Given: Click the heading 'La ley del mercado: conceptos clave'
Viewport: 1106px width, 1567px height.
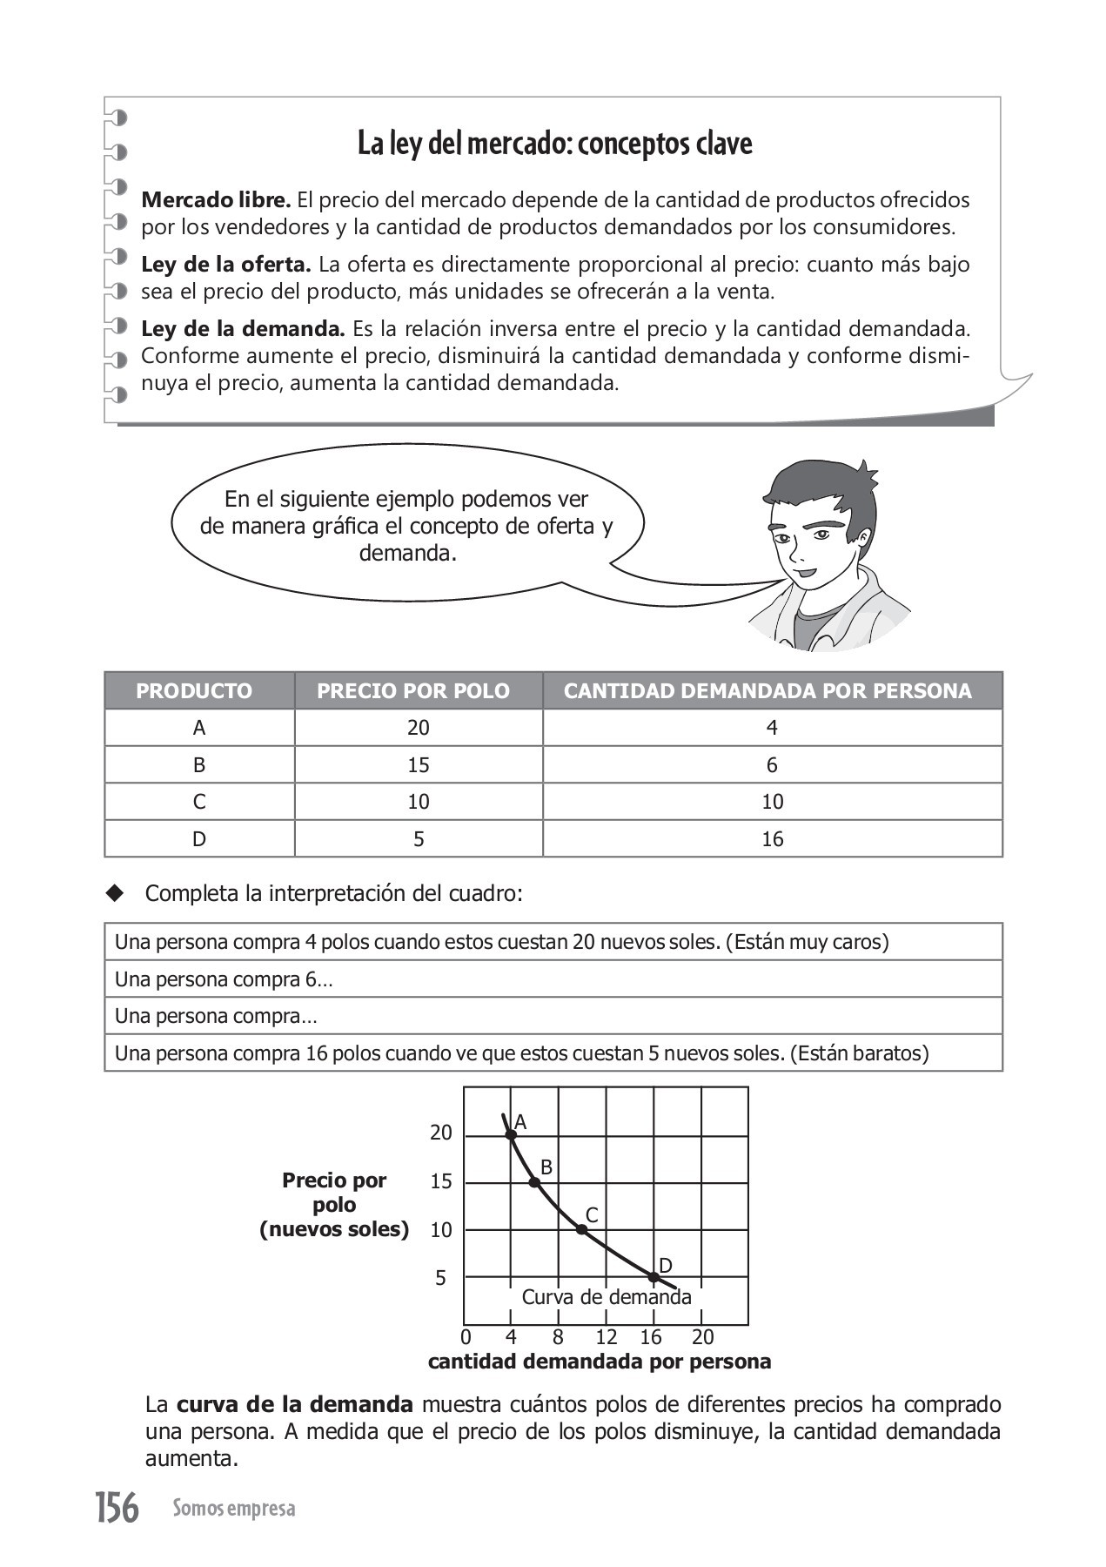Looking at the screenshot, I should (x=554, y=144).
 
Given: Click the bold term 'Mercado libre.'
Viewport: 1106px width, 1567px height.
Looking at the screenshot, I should (x=216, y=200).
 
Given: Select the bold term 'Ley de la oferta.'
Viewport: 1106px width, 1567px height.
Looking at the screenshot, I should (x=225, y=265).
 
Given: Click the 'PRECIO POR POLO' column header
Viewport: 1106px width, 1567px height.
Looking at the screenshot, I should (x=413, y=691).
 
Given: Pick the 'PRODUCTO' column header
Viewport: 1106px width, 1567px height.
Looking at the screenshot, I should (x=194, y=691).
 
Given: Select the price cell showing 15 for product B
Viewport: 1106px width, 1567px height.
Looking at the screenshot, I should (x=419, y=765).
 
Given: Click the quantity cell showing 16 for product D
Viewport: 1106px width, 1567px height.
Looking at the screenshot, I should (x=773, y=839).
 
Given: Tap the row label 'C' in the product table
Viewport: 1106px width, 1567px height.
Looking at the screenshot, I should (x=199, y=802).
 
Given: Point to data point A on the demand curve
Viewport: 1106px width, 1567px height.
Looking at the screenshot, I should (x=511, y=1134).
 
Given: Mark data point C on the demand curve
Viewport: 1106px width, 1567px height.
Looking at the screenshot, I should (x=581, y=1229).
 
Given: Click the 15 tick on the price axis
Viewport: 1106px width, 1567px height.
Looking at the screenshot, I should (x=441, y=1182).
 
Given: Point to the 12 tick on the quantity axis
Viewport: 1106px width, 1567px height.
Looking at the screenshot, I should (x=606, y=1337).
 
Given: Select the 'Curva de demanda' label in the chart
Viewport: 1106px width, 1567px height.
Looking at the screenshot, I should (x=607, y=1297).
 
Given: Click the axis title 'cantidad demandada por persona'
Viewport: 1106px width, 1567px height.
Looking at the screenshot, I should (x=600, y=1362).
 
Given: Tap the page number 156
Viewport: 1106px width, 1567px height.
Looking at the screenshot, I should (x=117, y=1508).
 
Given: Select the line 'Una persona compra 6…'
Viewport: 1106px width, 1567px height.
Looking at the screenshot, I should (x=224, y=979).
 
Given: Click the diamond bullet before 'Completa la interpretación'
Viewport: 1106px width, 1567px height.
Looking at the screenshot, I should (x=115, y=893).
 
